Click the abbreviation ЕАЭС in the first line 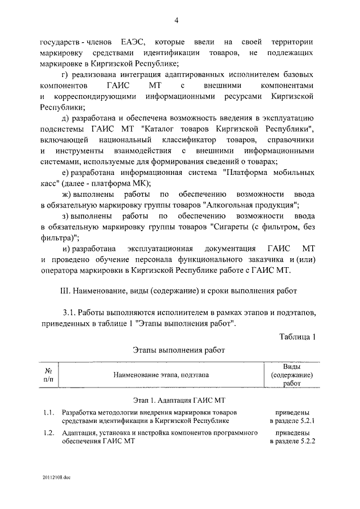tap(133, 43)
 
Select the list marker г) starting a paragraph tap(66, 75)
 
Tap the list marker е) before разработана tap(65, 173)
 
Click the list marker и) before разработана tap(66, 248)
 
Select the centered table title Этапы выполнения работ tap(178, 350)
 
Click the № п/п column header tap(49, 376)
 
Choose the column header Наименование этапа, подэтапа tap(160, 375)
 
